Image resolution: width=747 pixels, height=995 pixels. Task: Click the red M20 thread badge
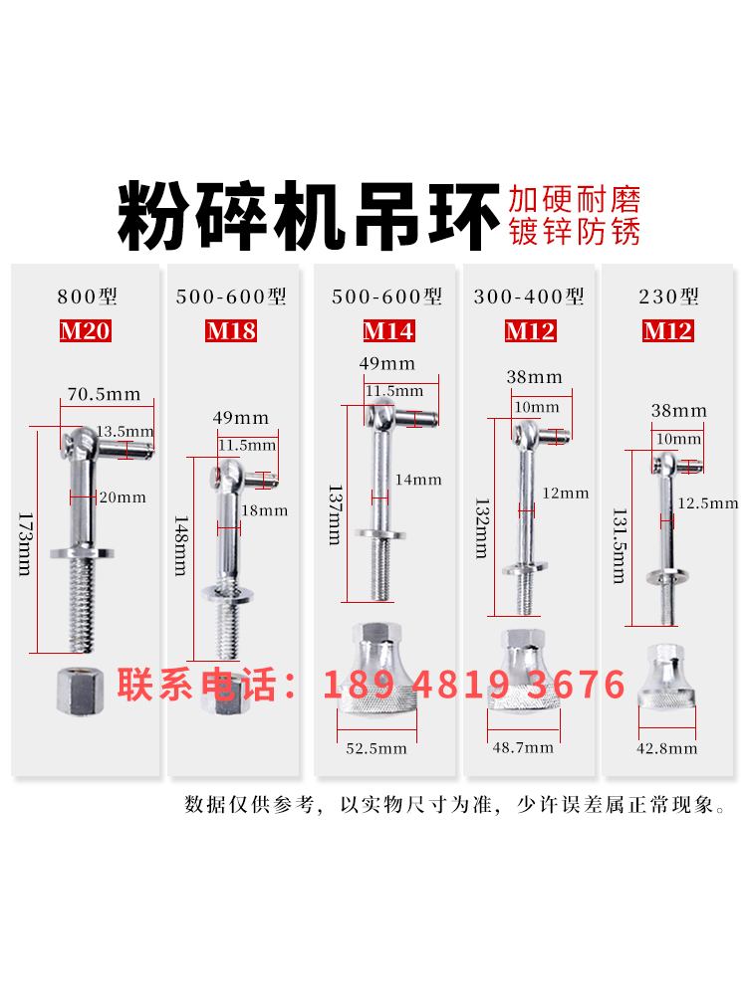click(x=85, y=330)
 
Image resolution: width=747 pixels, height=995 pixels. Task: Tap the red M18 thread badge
click(x=231, y=330)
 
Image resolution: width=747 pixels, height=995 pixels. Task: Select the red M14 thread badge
click(x=388, y=330)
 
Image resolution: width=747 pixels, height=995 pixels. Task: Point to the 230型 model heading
click(x=667, y=297)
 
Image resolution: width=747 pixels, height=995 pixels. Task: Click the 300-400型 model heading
click(x=530, y=297)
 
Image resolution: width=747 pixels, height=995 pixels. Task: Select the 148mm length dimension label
click(x=180, y=546)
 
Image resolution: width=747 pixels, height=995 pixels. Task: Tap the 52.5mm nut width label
click(x=377, y=748)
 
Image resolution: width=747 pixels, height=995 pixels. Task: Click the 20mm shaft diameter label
click(x=124, y=497)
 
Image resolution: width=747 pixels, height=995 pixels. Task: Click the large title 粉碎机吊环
click(x=307, y=216)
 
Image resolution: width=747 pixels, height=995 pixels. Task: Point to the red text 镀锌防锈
click(x=574, y=232)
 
